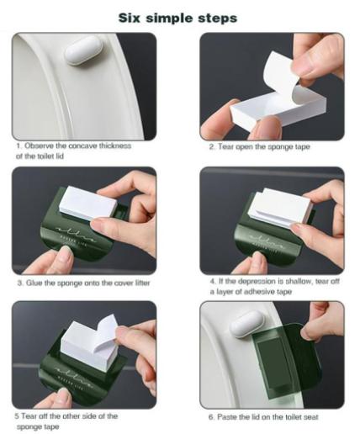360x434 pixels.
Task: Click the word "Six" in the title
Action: pos(135,17)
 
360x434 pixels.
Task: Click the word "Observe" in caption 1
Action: pos(41,146)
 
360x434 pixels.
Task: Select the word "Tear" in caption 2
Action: pos(228,147)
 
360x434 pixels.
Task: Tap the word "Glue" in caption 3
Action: pos(30,283)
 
